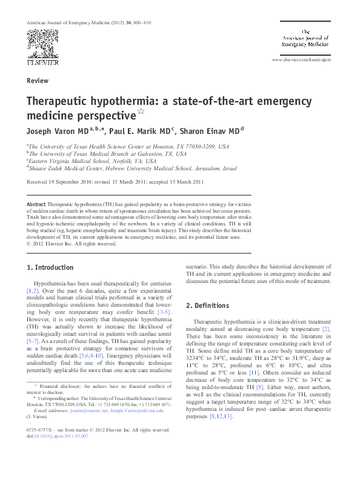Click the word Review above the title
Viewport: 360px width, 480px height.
[x=38, y=80]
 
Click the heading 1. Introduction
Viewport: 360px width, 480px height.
[x=51, y=267]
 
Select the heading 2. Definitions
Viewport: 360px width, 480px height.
[x=207, y=305]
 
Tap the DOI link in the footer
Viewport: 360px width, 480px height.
[x=62, y=453]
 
